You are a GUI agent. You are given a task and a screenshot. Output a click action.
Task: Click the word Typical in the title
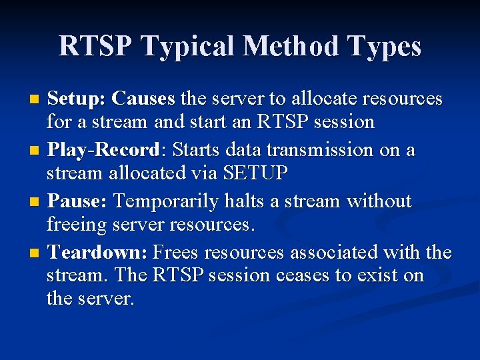pos(189,47)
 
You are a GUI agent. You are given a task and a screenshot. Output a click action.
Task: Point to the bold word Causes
pos(143,99)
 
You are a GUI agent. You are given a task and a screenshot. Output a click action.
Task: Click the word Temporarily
pos(171,201)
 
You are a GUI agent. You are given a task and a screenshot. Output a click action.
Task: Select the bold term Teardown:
pos(99,253)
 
